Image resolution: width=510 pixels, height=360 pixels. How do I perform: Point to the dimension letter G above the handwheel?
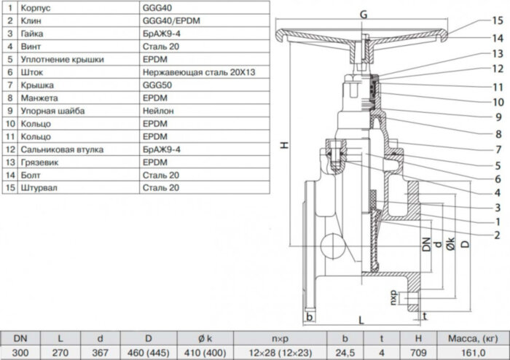pos(364,15)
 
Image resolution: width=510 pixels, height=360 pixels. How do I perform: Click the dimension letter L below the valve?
pos(362,320)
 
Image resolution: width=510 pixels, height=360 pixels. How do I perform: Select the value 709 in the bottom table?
pos(418,352)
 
